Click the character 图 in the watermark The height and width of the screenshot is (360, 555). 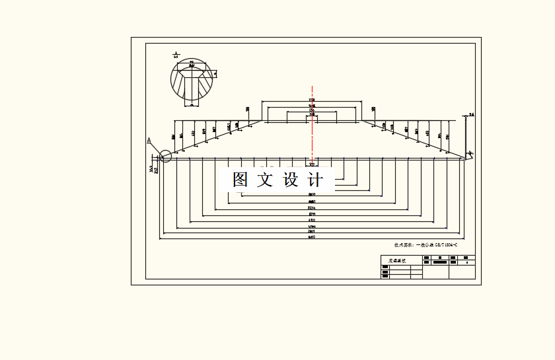click(240, 180)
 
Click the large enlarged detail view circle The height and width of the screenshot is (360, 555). click(192, 81)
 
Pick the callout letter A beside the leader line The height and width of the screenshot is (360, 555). click(149, 140)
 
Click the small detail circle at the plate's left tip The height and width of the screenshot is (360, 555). click(165, 156)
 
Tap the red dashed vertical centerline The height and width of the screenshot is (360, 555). click(312, 132)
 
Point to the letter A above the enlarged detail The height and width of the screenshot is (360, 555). click(176, 54)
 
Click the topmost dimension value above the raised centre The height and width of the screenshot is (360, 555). click(312, 100)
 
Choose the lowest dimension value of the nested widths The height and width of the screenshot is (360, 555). click(312, 236)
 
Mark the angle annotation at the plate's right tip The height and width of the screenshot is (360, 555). click(471, 153)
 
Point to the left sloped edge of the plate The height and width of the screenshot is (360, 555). click(211, 139)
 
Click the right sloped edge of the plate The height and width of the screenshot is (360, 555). click(413, 139)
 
